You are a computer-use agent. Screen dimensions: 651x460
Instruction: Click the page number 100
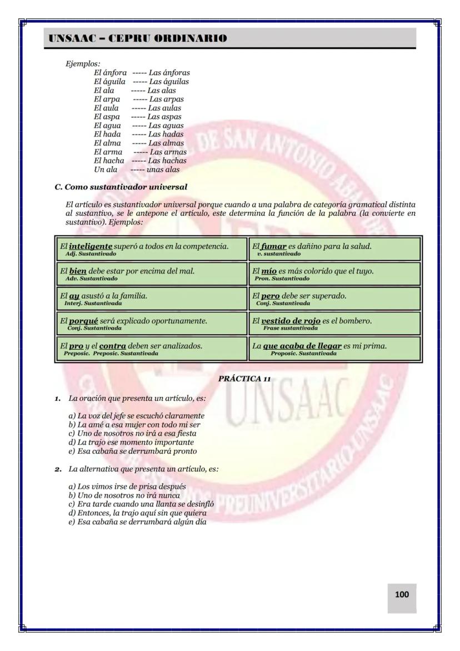pyautogui.click(x=402, y=594)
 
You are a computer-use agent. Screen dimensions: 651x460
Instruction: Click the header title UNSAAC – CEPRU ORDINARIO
pyautogui.click(x=138, y=38)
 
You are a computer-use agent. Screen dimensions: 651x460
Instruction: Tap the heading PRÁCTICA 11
pyautogui.click(x=244, y=379)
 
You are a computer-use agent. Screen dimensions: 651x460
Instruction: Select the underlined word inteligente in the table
pyautogui.click(x=91, y=246)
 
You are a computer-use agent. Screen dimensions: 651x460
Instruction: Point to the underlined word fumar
pyautogui.click(x=274, y=246)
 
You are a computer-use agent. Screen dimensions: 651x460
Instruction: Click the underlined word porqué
pyautogui.click(x=88, y=321)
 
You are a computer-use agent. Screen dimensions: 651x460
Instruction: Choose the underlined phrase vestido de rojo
pyautogui.click(x=291, y=321)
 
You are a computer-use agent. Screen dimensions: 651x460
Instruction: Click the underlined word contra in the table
pyautogui.click(x=113, y=346)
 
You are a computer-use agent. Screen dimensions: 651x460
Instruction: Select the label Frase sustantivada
pyautogui.click(x=287, y=328)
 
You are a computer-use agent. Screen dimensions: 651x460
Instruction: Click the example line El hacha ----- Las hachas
pyautogui.click(x=140, y=161)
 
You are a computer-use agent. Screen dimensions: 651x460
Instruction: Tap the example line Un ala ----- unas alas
pyautogui.click(x=137, y=170)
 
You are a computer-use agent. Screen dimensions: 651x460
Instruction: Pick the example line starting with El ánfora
pyautogui.click(x=142, y=73)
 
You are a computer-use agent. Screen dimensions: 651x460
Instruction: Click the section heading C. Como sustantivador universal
pyautogui.click(x=121, y=186)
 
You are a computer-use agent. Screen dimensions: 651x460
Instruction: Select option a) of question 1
pyautogui.click(x=136, y=415)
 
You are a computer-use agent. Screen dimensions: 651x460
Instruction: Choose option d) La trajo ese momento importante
pyautogui.click(x=131, y=442)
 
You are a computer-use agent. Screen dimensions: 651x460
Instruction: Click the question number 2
pyautogui.click(x=58, y=469)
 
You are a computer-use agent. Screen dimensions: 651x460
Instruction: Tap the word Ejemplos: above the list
pyautogui.click(x=83, y=64)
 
